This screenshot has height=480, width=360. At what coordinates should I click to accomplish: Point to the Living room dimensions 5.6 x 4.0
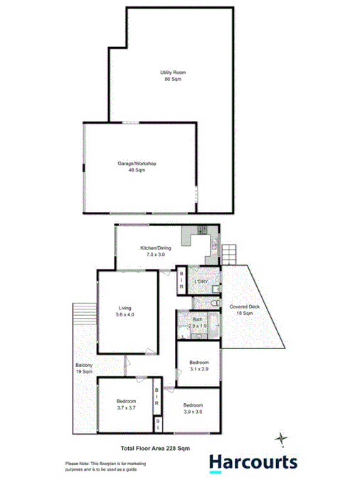125,314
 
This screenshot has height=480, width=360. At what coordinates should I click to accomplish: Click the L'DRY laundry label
201,282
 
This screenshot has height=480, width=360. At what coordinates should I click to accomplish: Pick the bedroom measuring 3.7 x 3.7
125,405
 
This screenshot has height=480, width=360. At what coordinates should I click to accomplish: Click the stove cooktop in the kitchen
201,230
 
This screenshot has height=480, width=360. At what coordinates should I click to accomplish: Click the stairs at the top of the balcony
84,313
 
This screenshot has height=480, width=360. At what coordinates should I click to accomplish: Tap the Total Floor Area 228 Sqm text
154,448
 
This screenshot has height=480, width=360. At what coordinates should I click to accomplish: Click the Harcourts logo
253,462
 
